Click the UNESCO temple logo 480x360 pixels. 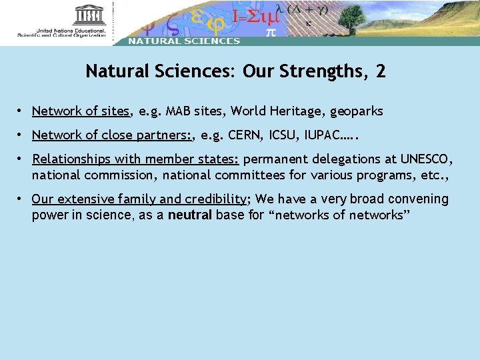coord(90,15)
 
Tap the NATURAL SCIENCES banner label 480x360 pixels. coord(183,41)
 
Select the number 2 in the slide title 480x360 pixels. coord(381,71)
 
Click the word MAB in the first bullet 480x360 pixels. coord(178,111)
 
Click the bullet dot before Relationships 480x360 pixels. coord(22,159)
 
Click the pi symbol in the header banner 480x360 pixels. coord(271,31)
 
